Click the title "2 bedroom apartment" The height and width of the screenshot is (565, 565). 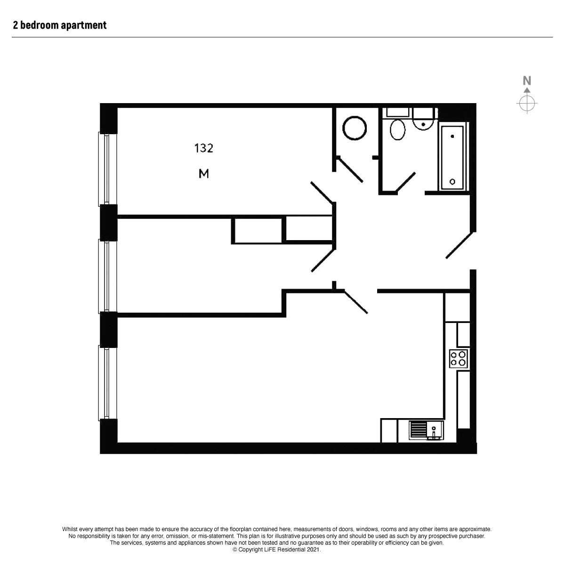click(60, 25)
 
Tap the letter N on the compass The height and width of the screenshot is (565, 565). click(527, 81)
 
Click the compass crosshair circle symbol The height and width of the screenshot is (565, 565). click(527, 103)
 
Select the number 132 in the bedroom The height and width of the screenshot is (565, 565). click(204, 148)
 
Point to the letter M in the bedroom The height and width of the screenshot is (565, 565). click(204, 174)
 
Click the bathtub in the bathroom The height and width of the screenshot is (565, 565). click(452, 158)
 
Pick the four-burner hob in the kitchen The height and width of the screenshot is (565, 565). click(459, 358)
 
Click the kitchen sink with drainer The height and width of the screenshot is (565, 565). click(426, 430)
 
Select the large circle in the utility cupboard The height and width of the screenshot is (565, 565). click(355, 128)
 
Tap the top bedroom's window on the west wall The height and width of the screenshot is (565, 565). click(107, 169)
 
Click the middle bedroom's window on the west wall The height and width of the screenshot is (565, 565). click(107, 275)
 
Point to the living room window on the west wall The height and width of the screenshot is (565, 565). click(107, 382)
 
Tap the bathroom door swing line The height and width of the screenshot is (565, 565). click(406, 183)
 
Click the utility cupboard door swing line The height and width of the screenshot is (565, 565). click(350, 169)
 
